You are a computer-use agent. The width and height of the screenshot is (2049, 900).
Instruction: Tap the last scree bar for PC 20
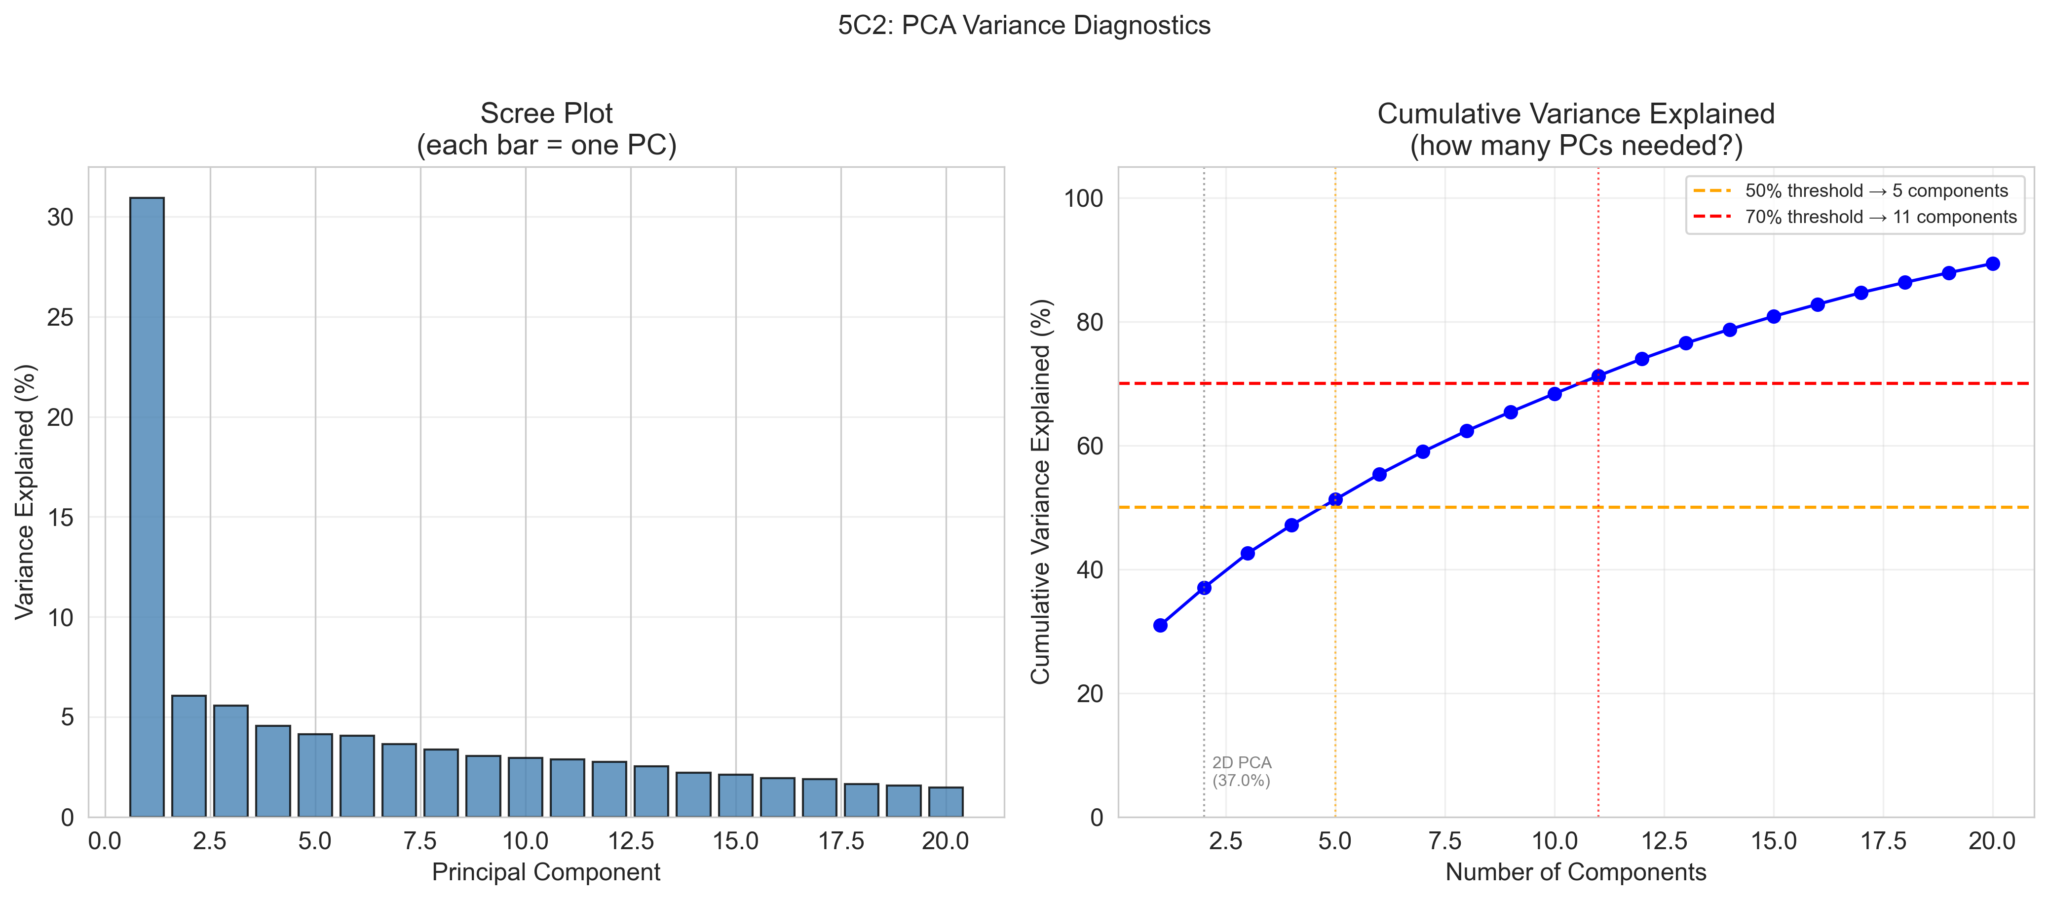tap(946, 801)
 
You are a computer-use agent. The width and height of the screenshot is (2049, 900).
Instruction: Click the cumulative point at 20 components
tap(1993, 264)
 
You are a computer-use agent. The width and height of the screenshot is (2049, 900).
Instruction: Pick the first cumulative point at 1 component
tap(1161, 626)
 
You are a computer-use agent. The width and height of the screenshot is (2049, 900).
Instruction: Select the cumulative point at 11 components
tap(1598, 376)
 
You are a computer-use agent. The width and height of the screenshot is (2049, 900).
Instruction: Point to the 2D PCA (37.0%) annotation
tap(1242, 771)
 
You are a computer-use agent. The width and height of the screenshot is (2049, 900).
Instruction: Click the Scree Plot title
tap(546, 113)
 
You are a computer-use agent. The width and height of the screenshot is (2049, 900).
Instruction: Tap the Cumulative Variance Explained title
tap(1576, 113)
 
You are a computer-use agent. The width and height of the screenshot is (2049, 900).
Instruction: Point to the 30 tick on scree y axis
tap(60, 217)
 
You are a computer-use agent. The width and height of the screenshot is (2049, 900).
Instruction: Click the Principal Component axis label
tap(546, 872)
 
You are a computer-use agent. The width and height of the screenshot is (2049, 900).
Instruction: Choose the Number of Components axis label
tap(1576, 872)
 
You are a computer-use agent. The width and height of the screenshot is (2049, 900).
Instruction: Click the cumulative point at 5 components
tap(1335, 499)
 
